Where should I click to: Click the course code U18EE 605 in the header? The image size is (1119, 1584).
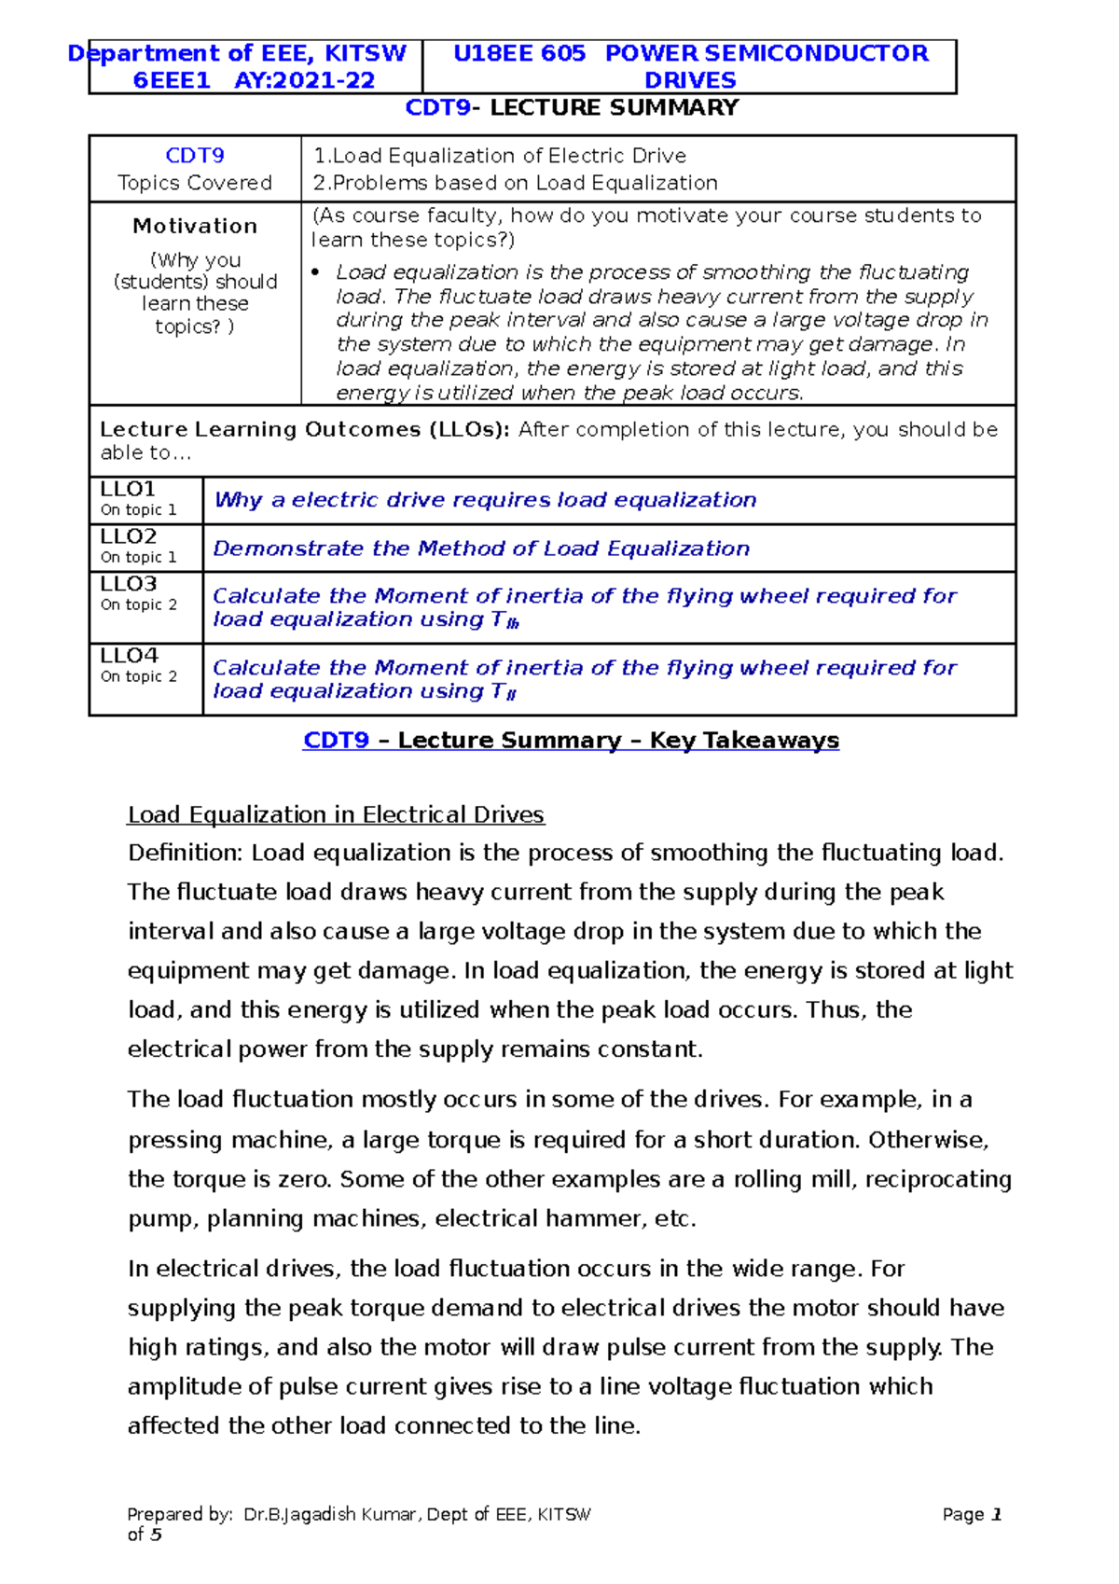[x=518, y=53]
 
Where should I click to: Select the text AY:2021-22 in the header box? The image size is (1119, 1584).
[x=304, y=80]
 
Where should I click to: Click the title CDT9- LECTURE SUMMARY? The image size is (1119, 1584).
[x=572, y=107]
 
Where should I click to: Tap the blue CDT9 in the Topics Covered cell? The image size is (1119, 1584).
[x=194, y=156]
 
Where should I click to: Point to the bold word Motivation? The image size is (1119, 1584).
[x=195, y=226]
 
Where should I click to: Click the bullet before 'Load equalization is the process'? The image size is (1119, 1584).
[x=315, y=272]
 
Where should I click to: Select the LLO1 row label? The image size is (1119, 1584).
[x=128, y=489]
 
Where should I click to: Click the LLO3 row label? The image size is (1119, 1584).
[x=128, y=584]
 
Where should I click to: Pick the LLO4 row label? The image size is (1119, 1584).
[x=129, y=656]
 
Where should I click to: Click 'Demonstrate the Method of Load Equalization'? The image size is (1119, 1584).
[x=481, y=549]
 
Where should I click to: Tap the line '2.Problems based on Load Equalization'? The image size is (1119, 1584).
[x=515, y=183]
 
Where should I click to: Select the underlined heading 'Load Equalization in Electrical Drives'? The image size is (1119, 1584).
[x=336, y=814]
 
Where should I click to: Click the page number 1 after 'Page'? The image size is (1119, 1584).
[x=997, y=1514]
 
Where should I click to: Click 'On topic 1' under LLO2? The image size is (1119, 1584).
[x=138, y=557]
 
